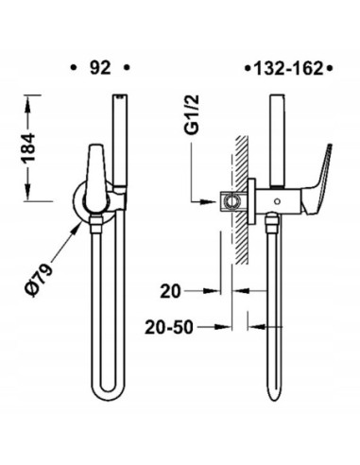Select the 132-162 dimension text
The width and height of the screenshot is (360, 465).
(284, 68)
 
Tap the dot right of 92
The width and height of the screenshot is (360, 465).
(128, 68)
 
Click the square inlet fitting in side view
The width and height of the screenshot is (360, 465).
(231, 200)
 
